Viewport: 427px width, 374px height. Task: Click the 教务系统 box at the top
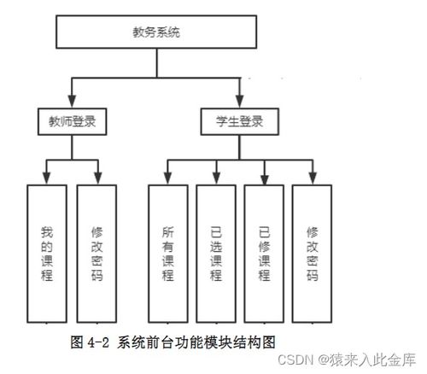[156, 32]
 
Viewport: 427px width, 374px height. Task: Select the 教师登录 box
[73, 121]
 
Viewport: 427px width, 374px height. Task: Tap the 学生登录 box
[240, 121]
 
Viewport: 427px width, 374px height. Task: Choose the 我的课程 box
[47, 254]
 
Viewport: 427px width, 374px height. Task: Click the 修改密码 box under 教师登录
[97, 254]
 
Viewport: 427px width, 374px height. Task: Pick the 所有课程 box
[168, 254]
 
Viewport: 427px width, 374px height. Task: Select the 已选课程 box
[216, 254]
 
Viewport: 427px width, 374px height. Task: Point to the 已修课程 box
[264, 254]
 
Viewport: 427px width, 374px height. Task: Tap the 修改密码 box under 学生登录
[312, 254]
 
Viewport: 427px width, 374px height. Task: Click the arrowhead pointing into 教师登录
[72, 102]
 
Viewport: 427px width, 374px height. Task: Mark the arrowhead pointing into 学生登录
[240, 102]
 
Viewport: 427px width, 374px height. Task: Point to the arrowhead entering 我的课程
[47, 178]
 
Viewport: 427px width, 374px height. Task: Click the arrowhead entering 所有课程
[168, 178]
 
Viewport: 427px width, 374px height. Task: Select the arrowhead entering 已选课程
[217, 178]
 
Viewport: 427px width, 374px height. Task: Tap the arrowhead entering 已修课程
[265, 178]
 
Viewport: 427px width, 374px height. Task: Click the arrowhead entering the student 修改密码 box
[313, 178]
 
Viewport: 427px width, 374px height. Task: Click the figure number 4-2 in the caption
[98, 342]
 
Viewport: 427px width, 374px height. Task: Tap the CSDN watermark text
[295, 360]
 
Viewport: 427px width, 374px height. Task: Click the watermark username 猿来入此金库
[372, 360]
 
